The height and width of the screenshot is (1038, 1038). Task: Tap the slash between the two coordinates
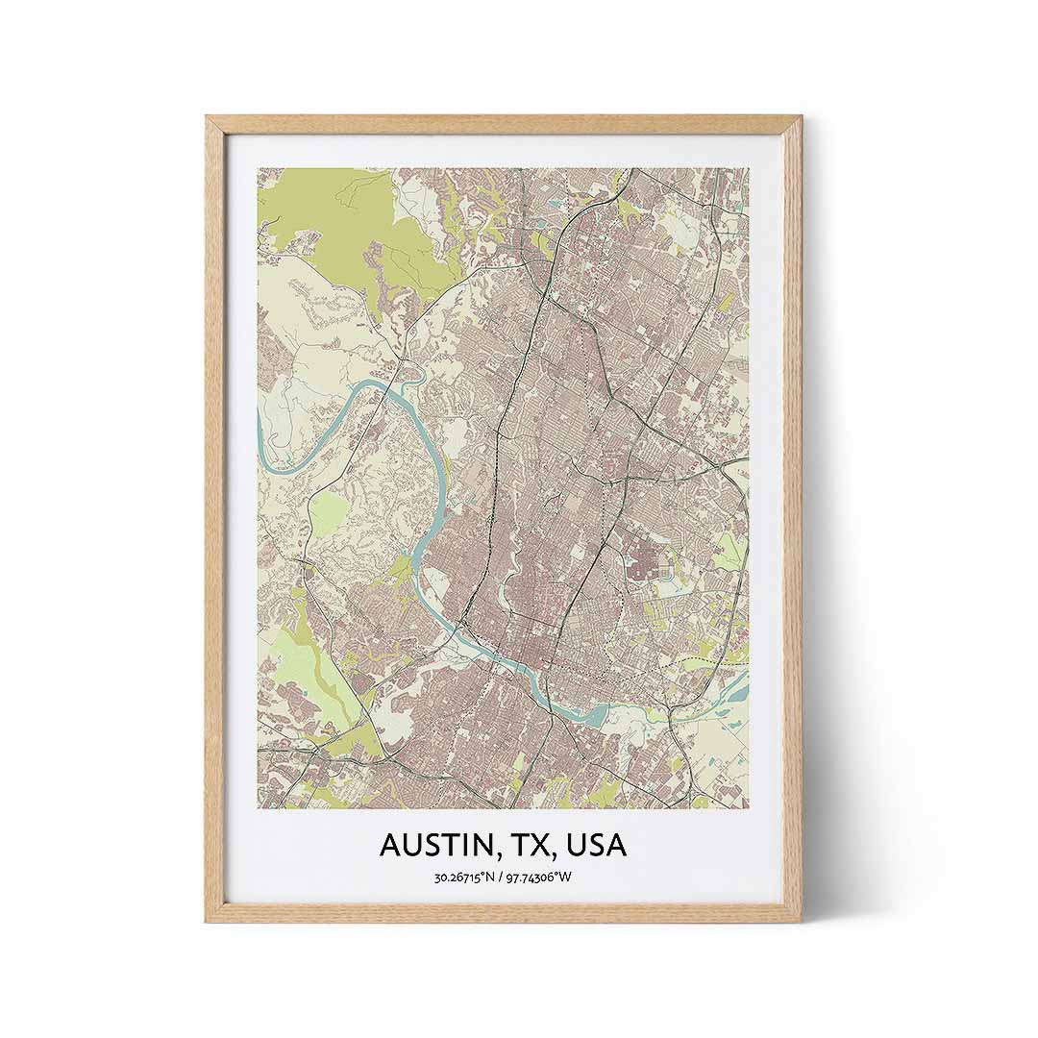coord(502,877)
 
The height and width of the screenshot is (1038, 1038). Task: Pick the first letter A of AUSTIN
coord(390,846)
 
